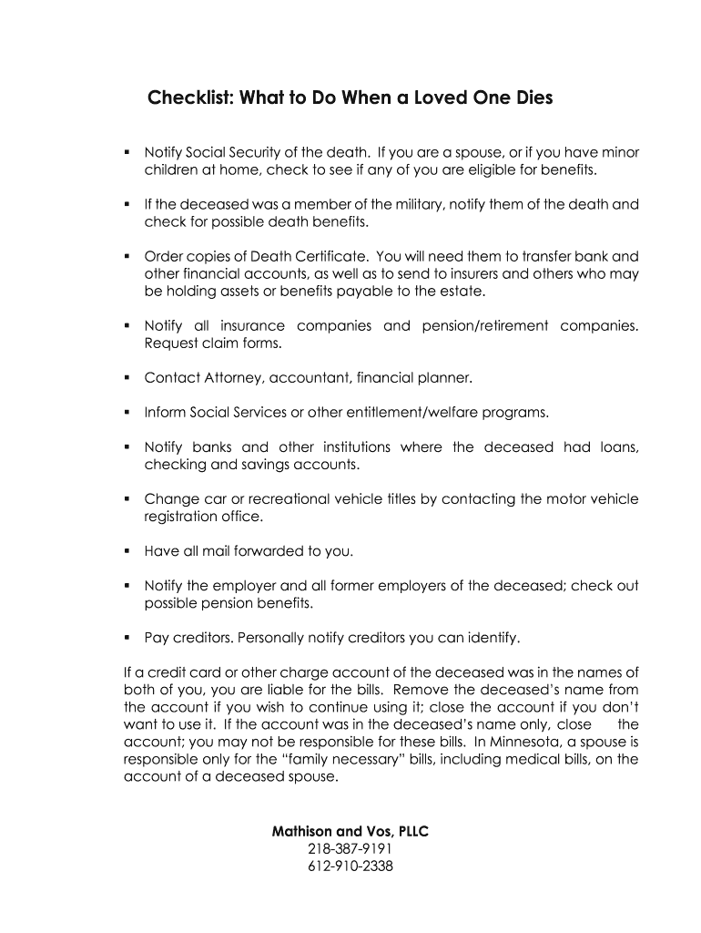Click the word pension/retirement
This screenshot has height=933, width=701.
coord(484,325)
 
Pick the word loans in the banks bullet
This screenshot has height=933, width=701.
coord(619,446)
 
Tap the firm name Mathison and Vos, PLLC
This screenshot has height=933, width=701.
coord(350,831)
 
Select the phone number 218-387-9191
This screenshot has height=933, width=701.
coord(350,849)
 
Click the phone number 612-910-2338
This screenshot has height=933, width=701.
coord(350,866)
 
